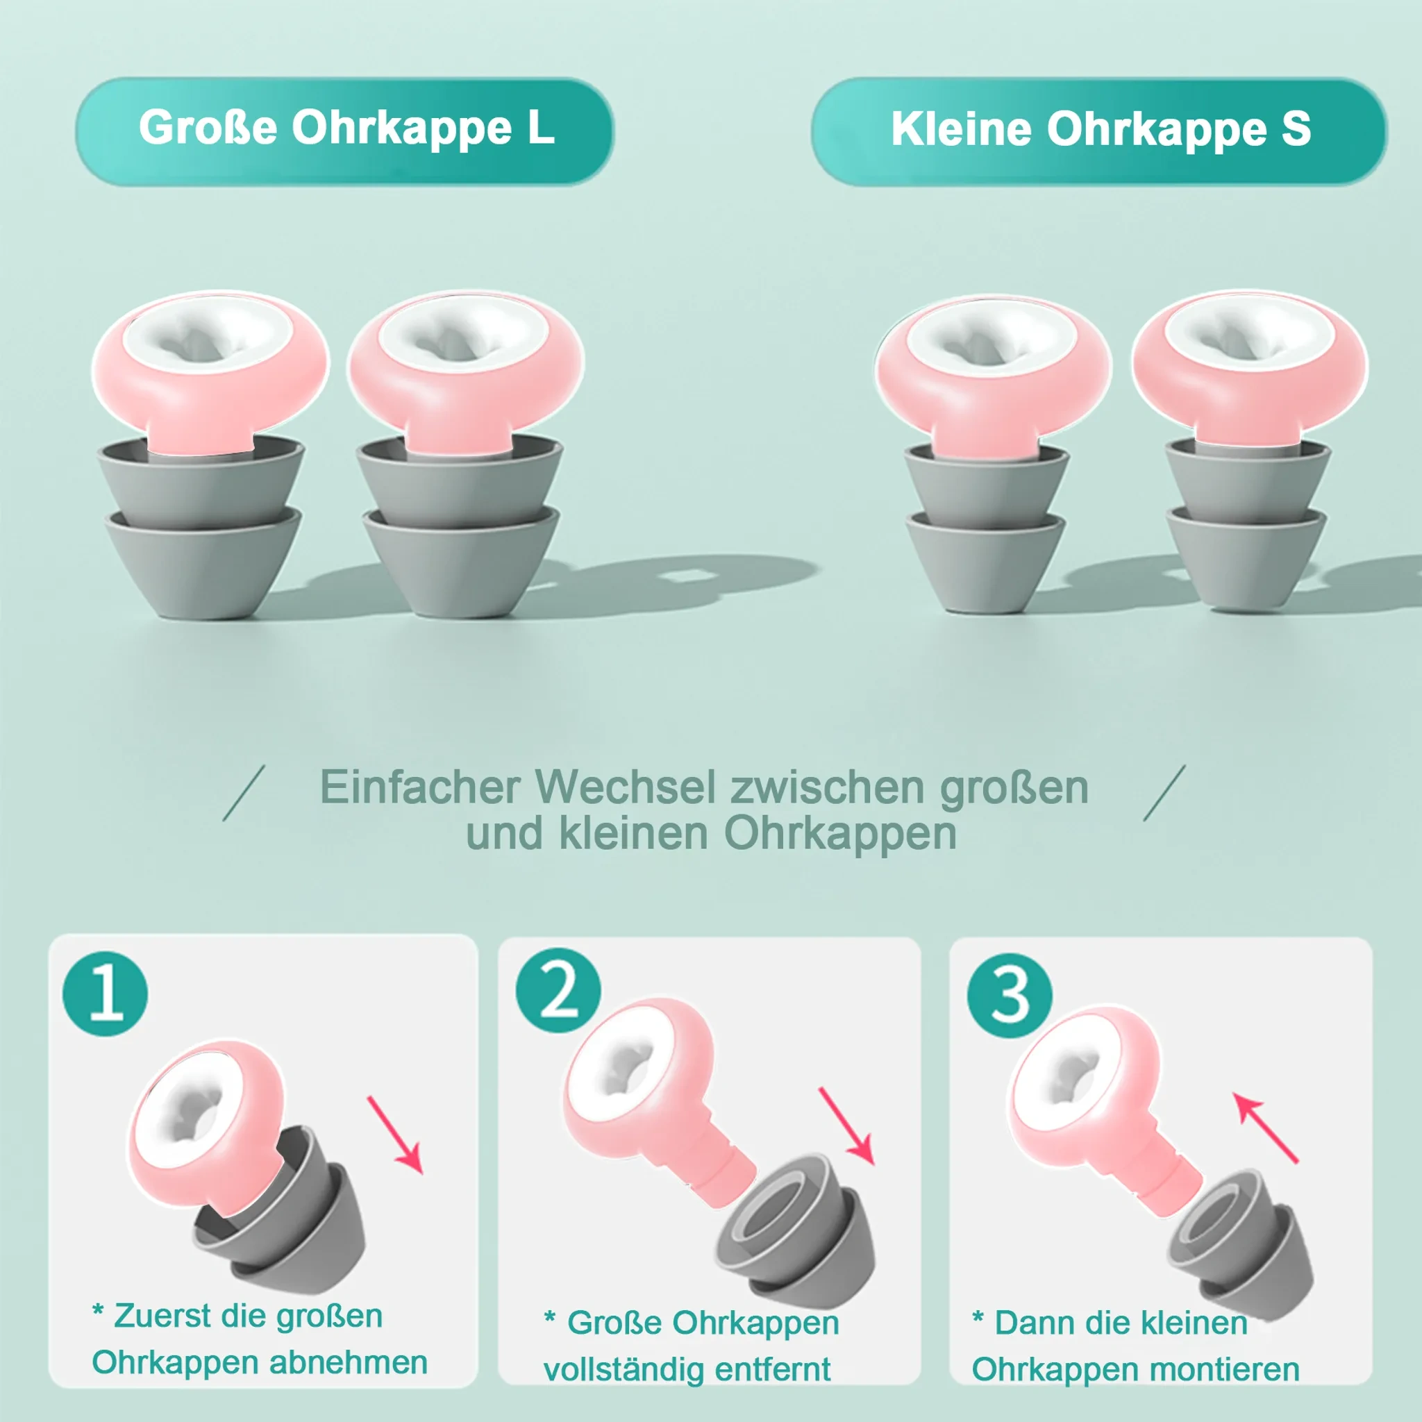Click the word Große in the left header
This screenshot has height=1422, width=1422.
[x=208, y=127]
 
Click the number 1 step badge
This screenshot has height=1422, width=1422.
[x=106, y=994]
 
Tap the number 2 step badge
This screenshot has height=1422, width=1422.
[x=558, y=991]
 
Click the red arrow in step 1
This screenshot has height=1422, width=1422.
[x=395, y=1135]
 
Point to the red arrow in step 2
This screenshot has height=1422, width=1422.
[x=846, y=1126]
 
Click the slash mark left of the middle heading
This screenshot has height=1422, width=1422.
[x=244, y=793]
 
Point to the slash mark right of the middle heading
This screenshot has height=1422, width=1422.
[x=1164, y=793]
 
